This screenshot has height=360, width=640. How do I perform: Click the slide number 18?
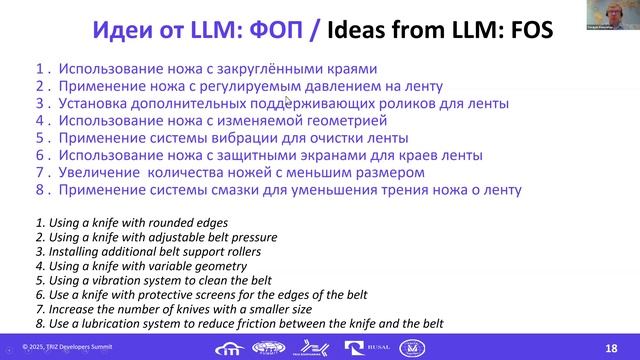click(x=611, y=347)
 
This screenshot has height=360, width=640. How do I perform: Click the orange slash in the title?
click(x=317, y=30)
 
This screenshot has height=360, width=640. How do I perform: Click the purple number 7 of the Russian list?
click(x=39, y=173)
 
